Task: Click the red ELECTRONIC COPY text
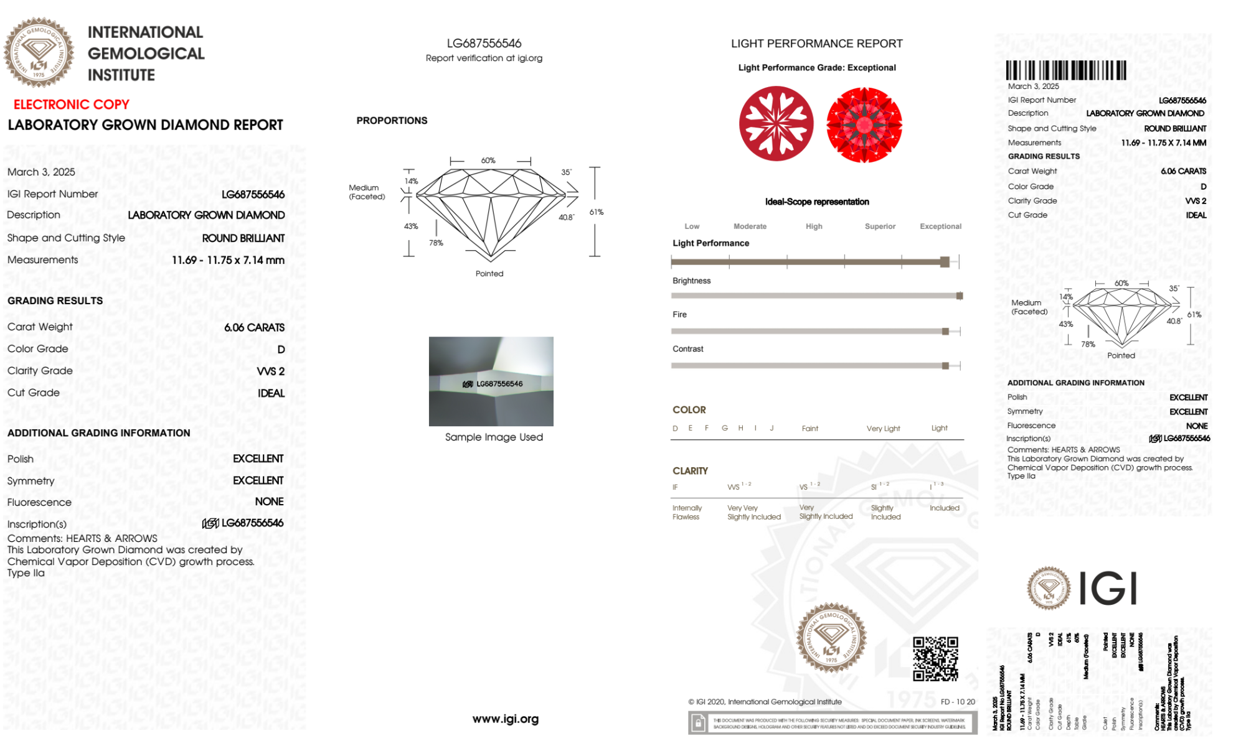pyautogui.click(x=71, y=105)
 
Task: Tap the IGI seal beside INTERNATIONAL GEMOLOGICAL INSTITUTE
pyautogui.click(x=39, y=53)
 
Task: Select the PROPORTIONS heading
pyautogui.click(x=392, y=121)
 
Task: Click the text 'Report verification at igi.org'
pyautogui.click(x=484, y=58)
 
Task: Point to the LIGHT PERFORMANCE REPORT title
pyautogui.click(x=816, y=44)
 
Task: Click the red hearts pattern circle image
pyautogui.click(x=776, y=123)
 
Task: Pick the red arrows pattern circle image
pyautogui.click(x=864, y=124)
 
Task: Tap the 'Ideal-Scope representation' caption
pyautogui.click(x=816, y=202)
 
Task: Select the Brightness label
pyautogui.click(x=691, y=281)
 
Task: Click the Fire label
pyautogui.click(x=679, y=314)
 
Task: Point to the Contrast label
pyautogui.click(x=687, y=349)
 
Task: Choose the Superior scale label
pyautogui.click(x=880, y=226)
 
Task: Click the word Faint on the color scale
pyautogui.click(x=809, y=428)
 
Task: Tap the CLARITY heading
pyautogui.click(x=690, y=471)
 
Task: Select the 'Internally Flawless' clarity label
pyautogui.click(x=686, y=512)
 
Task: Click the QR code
pyautogui.click(x=935, y=658)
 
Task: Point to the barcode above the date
pyautogui.click(x=1065, y=70)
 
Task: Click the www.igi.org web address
pyautogui.click(x=505, y=719)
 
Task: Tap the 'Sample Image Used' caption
pyautogui.click(x=494, y=437)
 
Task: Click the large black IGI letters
pyautogui.click(x=1107, y=588)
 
